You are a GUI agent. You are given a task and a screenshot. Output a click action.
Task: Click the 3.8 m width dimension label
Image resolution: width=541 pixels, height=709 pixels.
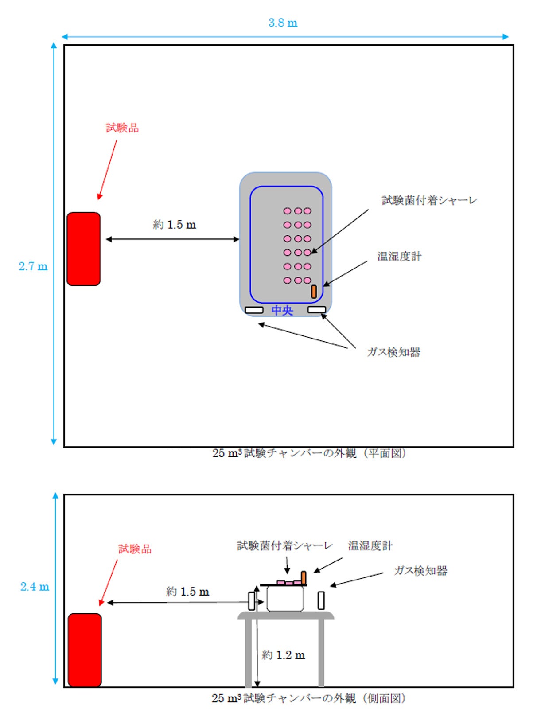tap(283, 23)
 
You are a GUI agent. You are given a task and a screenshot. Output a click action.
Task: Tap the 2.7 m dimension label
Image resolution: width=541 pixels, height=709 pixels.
tap(33, 266)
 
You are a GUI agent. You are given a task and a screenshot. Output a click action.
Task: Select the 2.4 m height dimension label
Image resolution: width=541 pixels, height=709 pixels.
tap(35, 587)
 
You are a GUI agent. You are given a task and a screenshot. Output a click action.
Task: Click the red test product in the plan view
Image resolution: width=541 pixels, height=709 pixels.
tap(84, 249)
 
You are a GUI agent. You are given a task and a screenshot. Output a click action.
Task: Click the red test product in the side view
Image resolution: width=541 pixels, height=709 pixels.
tap(85, 650)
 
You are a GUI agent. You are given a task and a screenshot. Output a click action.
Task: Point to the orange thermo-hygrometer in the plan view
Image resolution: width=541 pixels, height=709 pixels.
tap(314, 292)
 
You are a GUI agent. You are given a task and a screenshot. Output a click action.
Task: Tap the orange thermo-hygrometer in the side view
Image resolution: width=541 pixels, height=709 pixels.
tap(304, 577)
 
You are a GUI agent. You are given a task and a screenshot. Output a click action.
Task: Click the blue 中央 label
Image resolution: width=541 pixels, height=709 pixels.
tap(282, 310)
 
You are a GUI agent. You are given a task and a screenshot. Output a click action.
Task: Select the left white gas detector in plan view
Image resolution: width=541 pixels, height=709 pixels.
tap(254, 310)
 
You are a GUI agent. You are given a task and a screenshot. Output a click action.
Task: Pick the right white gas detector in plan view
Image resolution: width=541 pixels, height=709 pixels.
tap(317, 309)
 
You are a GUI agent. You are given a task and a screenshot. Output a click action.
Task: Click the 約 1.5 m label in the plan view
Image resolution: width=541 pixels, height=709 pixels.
tap(175, 225)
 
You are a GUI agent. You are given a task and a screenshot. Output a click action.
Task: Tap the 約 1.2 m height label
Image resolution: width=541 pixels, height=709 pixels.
tap(283, 655)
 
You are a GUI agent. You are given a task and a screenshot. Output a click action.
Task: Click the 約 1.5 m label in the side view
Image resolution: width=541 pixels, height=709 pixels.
tap(187, 592)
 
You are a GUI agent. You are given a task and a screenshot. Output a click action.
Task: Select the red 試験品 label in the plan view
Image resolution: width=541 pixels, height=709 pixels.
tap(122, 128)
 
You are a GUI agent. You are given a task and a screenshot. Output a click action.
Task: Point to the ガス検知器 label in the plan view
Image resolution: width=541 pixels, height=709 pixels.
tap(393, 352)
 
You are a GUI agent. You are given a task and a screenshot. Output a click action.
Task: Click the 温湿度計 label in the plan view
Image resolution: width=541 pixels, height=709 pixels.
tap(399, 257)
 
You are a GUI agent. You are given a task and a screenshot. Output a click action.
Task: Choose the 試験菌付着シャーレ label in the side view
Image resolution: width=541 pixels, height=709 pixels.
tap(284, 545)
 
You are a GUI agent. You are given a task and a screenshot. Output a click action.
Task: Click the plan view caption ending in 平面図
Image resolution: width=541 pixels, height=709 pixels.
tap(309, 453)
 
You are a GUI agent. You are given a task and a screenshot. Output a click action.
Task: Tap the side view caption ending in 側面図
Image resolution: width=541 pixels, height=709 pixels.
tap(308, 698)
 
